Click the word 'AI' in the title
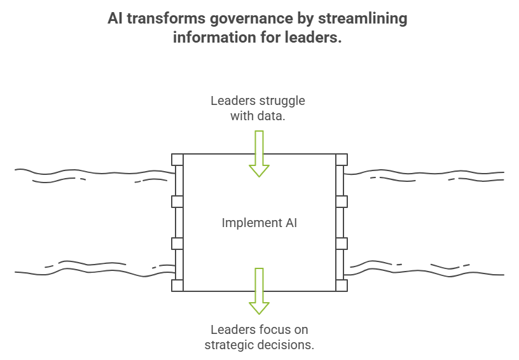[116, 18]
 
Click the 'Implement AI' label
[259, 223]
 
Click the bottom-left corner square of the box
[177, 286]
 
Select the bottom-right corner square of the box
[342, 286]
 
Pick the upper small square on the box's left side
[177, 202]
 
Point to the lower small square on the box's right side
[342, 244]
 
